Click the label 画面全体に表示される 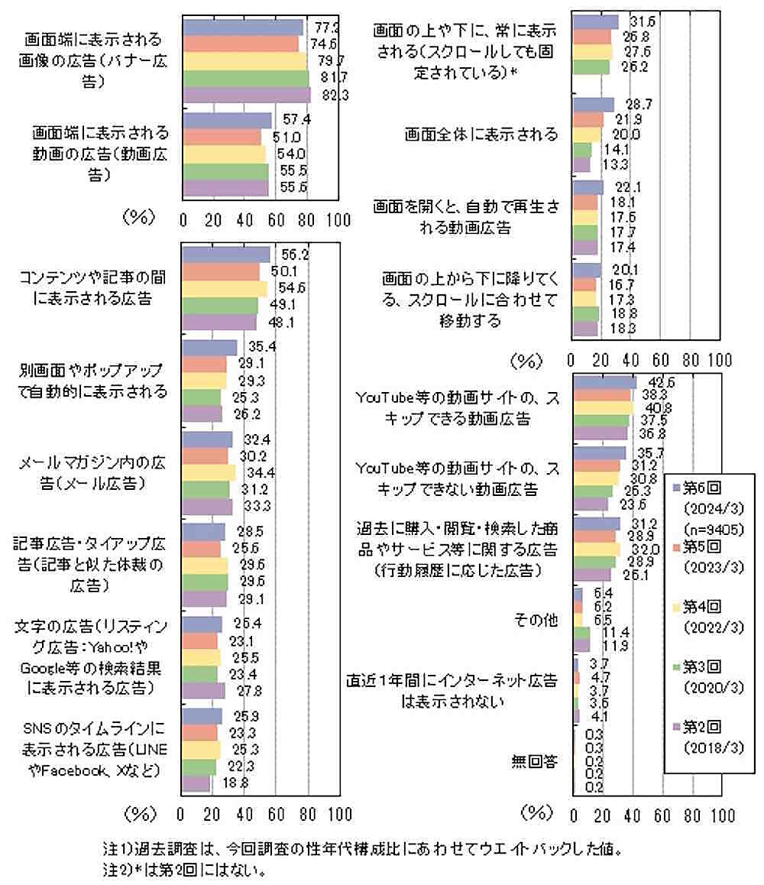click(482, 135)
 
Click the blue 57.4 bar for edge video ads click(228, 121)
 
